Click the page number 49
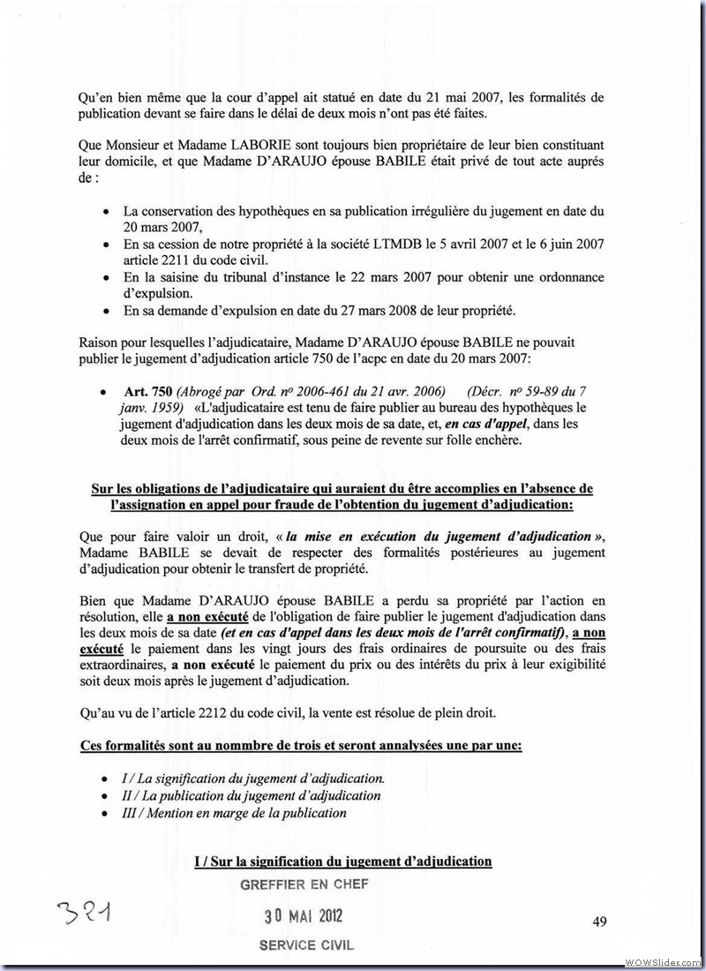point(599,922)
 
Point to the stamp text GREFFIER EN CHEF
point(304,884)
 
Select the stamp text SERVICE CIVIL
point(306,945)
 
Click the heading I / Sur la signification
point(342,861)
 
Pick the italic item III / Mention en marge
point(235,812)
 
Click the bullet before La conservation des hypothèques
point(107,212)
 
